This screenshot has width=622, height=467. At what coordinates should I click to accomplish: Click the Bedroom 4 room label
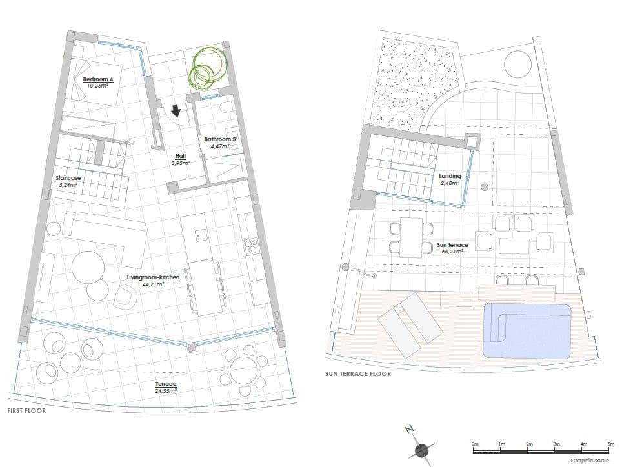[97, 79]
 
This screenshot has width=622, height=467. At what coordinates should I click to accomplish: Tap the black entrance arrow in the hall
[175, 111]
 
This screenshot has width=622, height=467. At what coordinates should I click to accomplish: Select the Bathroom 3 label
[220, 139]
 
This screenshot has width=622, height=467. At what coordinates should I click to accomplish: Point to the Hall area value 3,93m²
[181, 163]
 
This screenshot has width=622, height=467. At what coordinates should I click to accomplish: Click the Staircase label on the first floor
[68, 178]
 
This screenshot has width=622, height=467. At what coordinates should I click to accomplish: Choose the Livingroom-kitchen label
[153, 277]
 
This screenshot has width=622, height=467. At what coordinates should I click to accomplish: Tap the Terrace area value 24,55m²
[166, 390]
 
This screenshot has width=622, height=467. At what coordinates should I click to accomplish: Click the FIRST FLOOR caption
[26, 411]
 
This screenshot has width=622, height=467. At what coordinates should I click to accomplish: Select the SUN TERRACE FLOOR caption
[358, 374]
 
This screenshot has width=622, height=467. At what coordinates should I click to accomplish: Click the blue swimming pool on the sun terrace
[527, 332]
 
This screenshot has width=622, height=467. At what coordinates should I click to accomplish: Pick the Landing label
[450, 176]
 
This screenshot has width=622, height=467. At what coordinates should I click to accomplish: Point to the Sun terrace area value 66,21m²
[452, 252]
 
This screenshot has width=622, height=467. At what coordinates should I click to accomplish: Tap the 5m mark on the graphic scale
[611, 444]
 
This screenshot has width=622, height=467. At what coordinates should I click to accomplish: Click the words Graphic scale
[590, 461]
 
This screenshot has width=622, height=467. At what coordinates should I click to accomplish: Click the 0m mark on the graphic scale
[476, 444]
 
